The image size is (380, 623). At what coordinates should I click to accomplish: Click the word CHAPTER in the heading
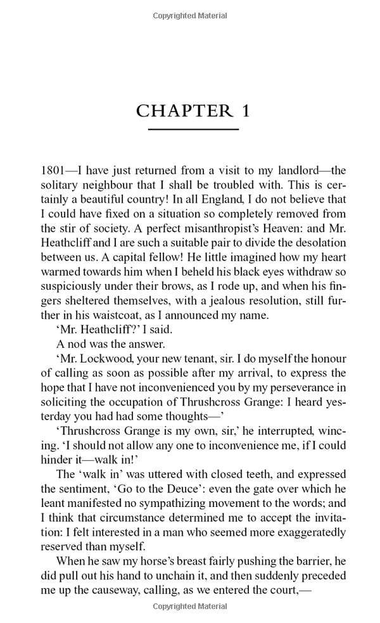tap(183, 112)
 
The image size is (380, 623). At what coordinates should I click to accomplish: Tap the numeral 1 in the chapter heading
tap(244, 112)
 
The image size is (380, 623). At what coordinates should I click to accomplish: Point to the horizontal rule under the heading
tap(193, 129)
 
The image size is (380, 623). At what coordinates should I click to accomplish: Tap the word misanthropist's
tap(165, 228)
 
